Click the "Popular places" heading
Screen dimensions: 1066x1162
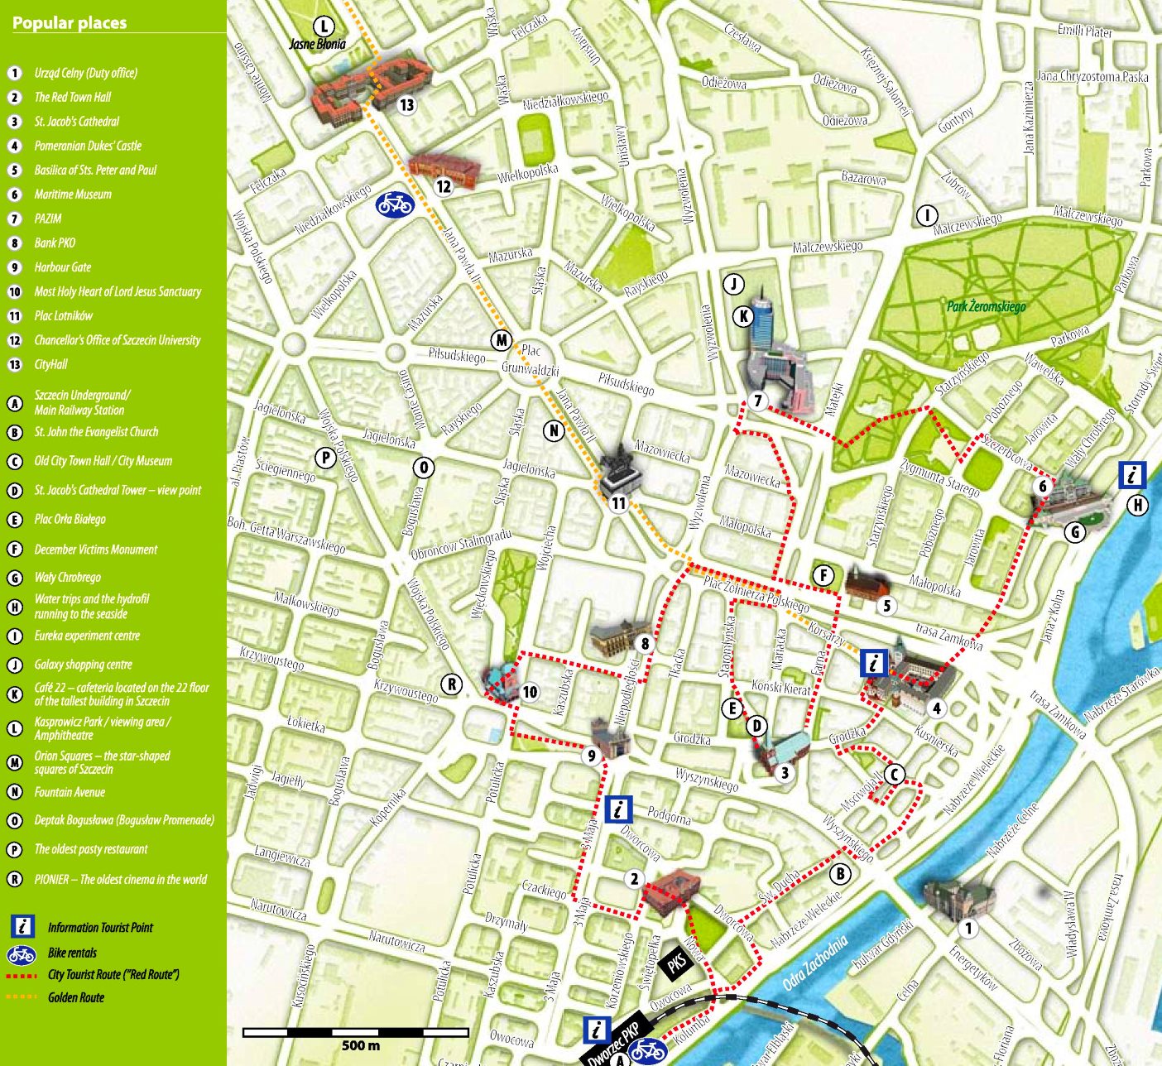coord(70,23)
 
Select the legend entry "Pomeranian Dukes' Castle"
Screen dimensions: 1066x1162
coord(88,146)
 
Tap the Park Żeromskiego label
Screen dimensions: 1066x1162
coord(986,307)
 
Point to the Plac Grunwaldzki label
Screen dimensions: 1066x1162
coord(531,361)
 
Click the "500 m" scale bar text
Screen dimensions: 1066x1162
coord(361,1045)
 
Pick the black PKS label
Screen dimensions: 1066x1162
coord(677,962)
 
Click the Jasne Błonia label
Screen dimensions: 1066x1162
coord(318,44)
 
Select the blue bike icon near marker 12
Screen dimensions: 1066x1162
coord(395,204)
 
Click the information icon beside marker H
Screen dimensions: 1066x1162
coord(1131,475)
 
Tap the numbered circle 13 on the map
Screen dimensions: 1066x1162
coord(406,105)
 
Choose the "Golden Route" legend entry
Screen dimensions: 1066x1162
coord(76,997)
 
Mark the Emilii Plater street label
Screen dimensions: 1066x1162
coord(1084,31)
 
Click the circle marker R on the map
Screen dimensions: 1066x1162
coord(452,684)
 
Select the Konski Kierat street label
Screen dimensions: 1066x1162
coord(781,688)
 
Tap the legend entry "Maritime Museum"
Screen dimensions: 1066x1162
coord(73,194)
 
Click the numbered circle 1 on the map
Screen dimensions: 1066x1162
coord(968,928)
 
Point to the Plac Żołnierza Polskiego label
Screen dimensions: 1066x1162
coord(756,593)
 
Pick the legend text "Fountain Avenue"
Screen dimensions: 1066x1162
coord(70,792)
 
